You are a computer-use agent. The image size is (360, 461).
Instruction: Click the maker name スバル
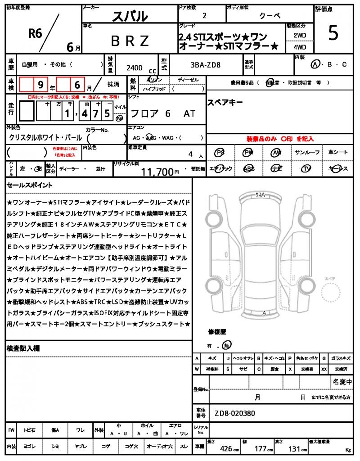tap(130, 17)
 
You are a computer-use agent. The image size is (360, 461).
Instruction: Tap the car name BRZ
tap(130, 41)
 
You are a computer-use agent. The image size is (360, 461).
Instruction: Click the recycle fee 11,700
tap(157, 172)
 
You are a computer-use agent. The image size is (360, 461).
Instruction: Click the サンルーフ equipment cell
tap(307, 153)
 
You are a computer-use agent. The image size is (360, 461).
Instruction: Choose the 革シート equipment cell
tap(337, 153)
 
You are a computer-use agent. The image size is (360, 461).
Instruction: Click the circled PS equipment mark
tap(220, 153)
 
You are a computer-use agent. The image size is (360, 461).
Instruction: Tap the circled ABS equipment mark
tap(248, 169)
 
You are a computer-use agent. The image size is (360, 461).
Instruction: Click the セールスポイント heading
tap(30, 185)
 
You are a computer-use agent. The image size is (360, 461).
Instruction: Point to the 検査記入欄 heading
tap(23, 348)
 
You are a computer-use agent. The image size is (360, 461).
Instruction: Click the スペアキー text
tap(225, 103)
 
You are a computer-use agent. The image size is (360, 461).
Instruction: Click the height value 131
tap(295, 449)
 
